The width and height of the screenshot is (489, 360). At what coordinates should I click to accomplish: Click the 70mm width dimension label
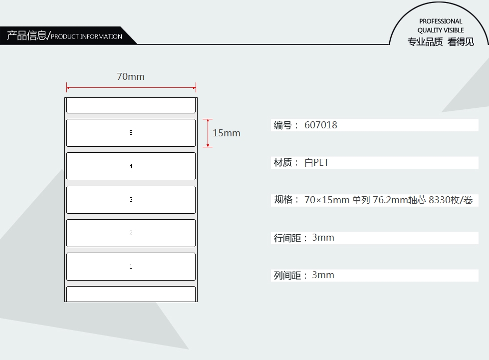[x=131, y=76]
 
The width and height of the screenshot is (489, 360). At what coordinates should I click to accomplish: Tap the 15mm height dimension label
[x=227, y=133]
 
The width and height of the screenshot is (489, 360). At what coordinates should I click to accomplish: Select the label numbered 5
[x=131, y=133]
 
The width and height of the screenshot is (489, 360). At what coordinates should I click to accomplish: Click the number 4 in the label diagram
[x=131, y=166]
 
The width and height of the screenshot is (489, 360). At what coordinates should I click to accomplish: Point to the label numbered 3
[x=131, y=200]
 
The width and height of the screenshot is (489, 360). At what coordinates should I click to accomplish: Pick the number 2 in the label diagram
[x=131, y=233]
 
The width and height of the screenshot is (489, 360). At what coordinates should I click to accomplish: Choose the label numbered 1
[x=131, y=267]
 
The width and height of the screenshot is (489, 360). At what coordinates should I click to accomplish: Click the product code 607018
[x=320, y=125]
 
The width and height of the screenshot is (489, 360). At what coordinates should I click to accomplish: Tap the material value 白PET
[x=316, y=163]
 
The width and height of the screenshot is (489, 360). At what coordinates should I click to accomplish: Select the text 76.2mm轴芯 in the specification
[x=399, y=200]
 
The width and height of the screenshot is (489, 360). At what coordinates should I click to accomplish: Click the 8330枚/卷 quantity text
[x=451, y=200]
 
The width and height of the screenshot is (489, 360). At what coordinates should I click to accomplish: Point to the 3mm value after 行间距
[x=323, y=238]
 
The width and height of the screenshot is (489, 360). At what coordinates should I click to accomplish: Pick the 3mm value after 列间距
[x=323, y=275]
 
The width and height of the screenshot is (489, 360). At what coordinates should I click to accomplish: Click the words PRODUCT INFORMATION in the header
[x=86, y=36]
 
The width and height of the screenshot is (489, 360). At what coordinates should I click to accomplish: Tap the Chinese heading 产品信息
[x=26, y=35]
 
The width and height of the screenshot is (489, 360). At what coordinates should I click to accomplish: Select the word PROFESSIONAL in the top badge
[x=440, y=21]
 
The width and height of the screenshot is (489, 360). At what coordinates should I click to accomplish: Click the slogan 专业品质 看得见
[x=441, y=42]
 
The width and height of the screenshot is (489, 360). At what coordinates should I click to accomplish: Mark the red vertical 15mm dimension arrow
[x=208, y=133]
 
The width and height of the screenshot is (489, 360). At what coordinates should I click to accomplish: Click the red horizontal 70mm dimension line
[x=131, y=88]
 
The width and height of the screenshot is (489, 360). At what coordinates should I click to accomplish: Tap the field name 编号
[x=282, y=125]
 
